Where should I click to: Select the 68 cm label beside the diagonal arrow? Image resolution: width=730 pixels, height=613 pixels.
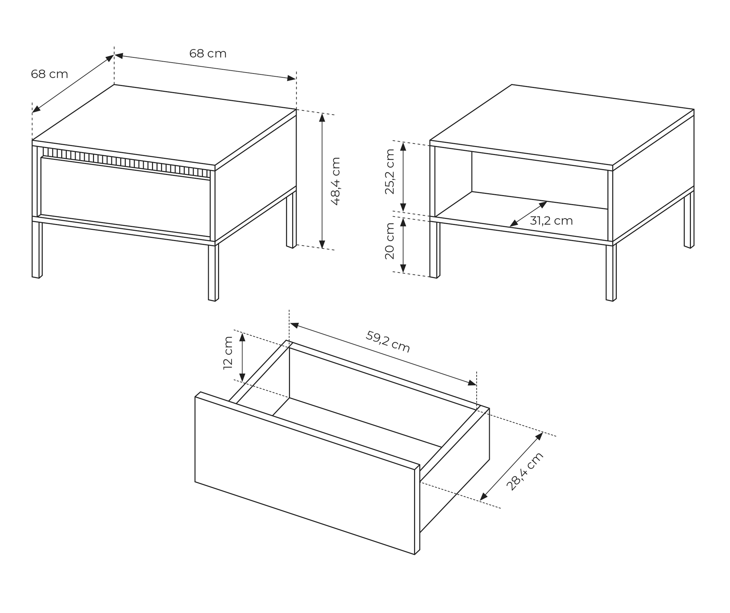(49, 74)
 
